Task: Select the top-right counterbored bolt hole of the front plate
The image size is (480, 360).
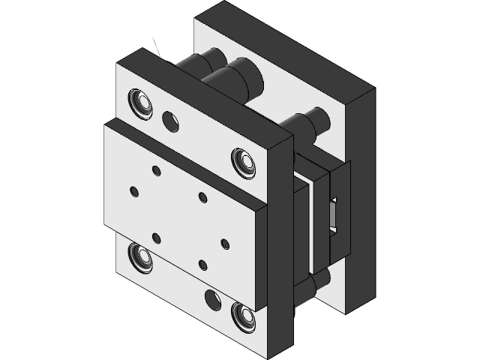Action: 243,160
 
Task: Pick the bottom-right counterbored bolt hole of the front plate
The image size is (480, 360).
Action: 242,315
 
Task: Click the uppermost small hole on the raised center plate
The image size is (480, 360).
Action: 156,172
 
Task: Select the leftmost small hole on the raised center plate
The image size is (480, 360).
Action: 133,190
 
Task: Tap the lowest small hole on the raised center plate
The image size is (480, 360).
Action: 202,263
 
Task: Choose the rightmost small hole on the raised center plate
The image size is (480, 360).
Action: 226,243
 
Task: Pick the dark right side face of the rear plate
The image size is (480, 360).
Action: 364,195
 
